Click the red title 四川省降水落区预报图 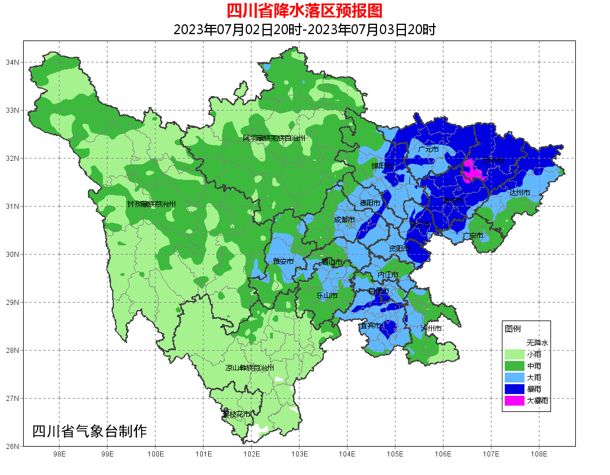[x=304, y=10]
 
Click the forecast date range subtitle [x=304, y=30]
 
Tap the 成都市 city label [x=344, y=220]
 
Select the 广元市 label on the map [x=428, y=149]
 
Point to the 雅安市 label [x=283, y=262]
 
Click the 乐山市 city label [x=327, y=295]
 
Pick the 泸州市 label [x=431, y=329]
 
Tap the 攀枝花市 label [x=236, y=414]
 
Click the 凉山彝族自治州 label [x=249, y=367]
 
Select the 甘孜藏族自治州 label [x=151, y=204]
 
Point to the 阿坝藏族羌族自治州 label [x=273, y=138]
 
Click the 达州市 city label [x=519, y=192]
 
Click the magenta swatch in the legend [x=514, y=400]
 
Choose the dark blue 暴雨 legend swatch [x=514, y=389]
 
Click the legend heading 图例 [x=512, y=329]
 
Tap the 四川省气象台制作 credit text [x=90, y=431]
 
